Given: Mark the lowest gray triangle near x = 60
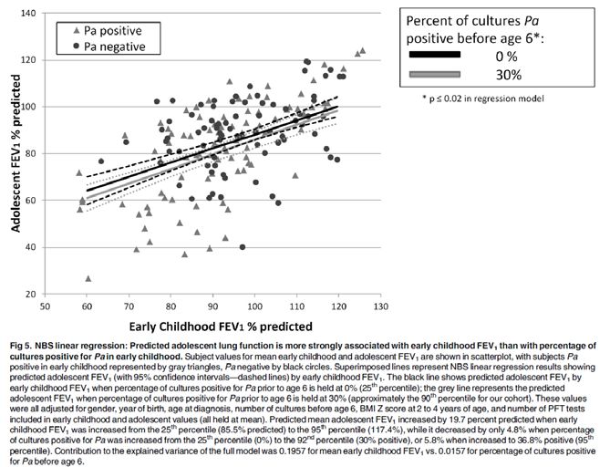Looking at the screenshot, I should click(x=88, y=278).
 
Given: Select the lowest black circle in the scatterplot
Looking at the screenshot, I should click(x=243, y=247).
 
